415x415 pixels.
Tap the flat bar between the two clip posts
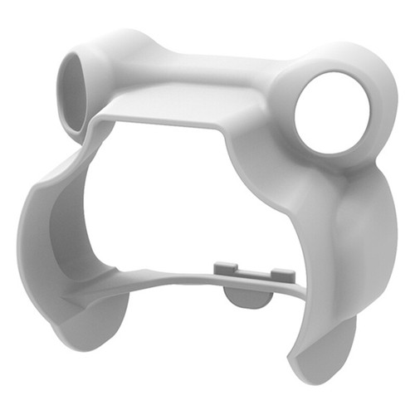[252, 273]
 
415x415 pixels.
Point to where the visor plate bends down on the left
[104, 120]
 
